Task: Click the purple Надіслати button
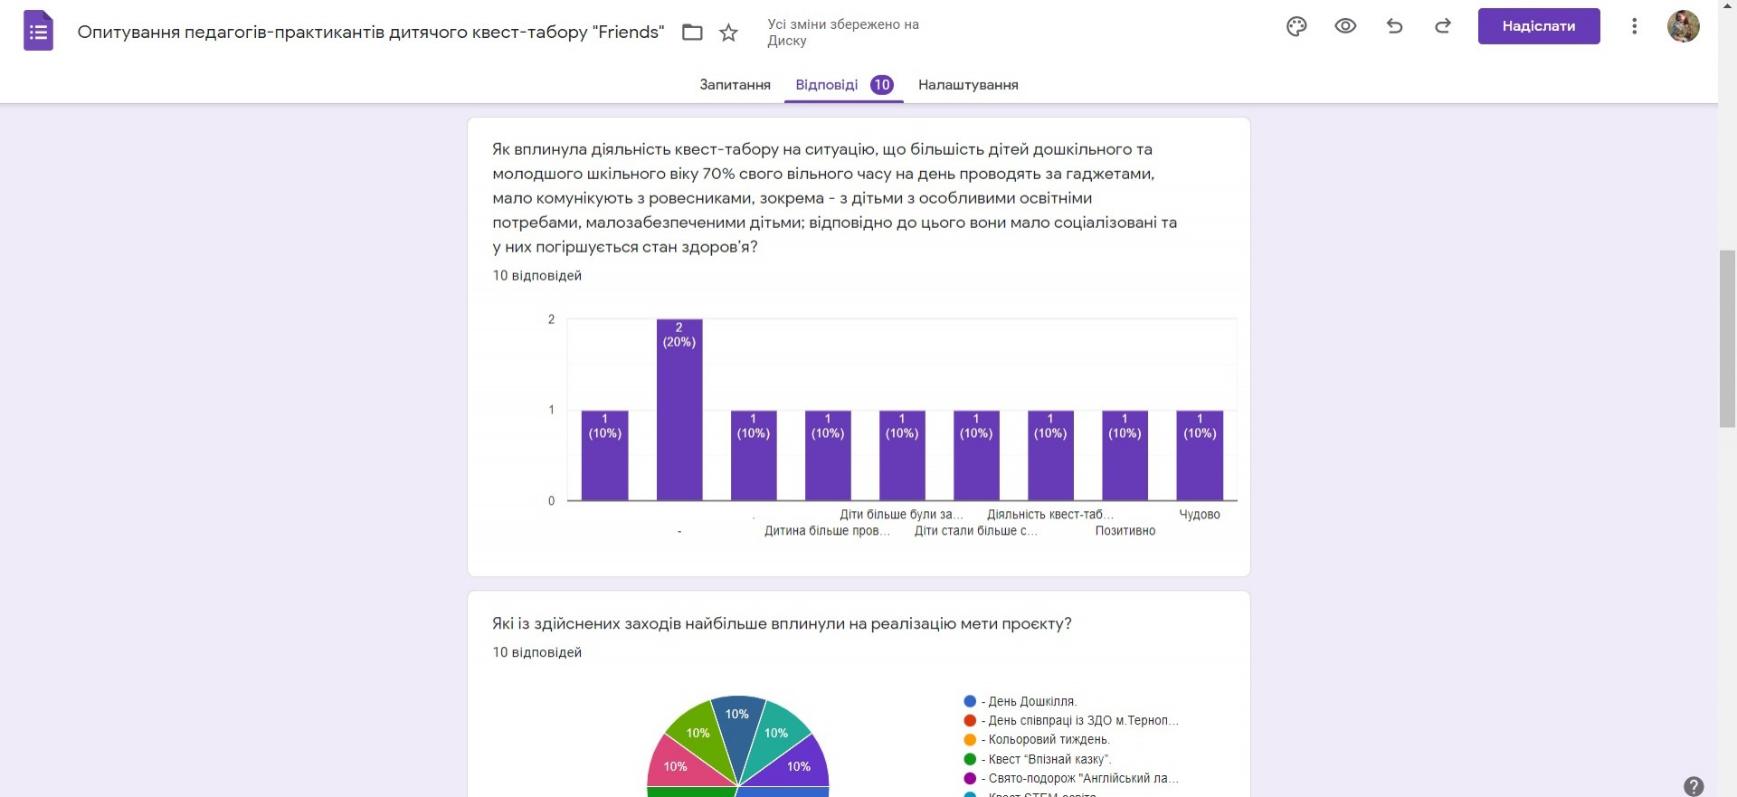click(x=1538, y=26)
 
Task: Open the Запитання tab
click(x=735, y=85)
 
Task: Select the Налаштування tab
click(x=968, y=85)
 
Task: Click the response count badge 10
click(x=882, y=85)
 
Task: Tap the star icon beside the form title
click(x=728, y=33)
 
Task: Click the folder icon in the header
click(x=692, y=33)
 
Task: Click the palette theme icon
click(x=1296, y=26)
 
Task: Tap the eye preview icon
click(x=1345, y=26)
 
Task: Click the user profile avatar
click(x=1683, y=26)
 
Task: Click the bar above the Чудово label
click(x=1200, y=457)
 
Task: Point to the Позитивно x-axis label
click(x=1125, y=531)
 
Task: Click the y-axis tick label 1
click(x=551, y=410)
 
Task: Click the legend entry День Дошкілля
click(x=1031, y=701)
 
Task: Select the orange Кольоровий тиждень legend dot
click(x=970, y=740)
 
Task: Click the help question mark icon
click(x=1694, y=786)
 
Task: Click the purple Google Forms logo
click(x=38, y=32)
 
